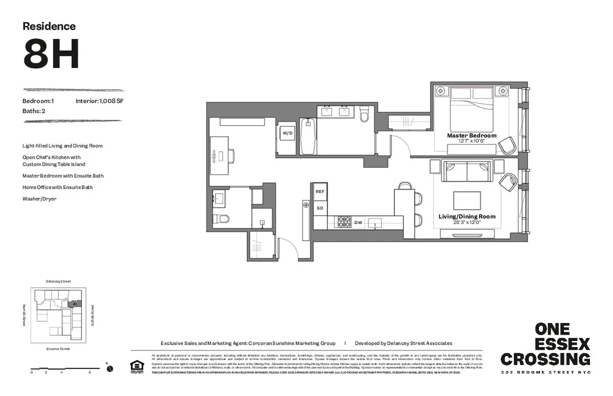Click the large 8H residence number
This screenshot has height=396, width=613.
pyautogui.click(x=51, y=55)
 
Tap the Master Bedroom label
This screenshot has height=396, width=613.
pyautogui.click(x=471, y=136)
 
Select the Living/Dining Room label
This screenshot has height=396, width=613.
pyautogui.click(x=467, y=216)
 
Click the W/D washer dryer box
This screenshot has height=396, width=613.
pyautogui.click(x=288, y=133)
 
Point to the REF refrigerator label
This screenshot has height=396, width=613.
pyautogui.click(x=320, y=191)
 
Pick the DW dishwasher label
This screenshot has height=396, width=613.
pyautogui.click(x=359, y=223)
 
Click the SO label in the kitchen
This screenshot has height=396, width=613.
pyautogui.click(x=320, y=208)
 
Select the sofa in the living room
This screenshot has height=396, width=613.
pyautogui.click(x=466, y=171)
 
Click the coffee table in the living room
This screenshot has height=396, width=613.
pyautogui.click(x=467, y=200)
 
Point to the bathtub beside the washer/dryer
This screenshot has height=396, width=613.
pyautogui.click(x=308, y=136)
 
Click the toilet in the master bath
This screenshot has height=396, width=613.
pyautogui.click(x=364, y=114)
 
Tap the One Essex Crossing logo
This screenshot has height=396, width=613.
pyautogui.click(x=545, y=344)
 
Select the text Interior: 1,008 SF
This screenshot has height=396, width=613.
pyautogui.click(x=100, y=101)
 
